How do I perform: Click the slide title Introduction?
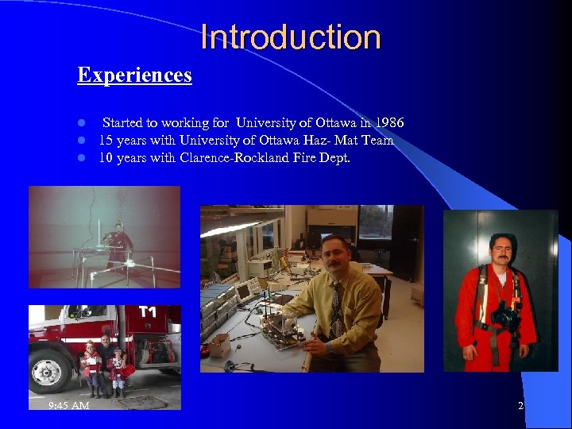(x=291, y=37)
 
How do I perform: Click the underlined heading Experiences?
(x=134, y=75)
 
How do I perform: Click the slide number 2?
(x=520, y=406)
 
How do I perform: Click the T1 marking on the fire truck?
(x=148, y=312)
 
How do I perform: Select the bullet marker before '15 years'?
(x=81, y=141)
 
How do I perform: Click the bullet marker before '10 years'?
(x=81, y=157)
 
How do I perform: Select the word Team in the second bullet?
(x=377, y=141)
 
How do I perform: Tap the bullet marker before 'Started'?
(x=81, y=124)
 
